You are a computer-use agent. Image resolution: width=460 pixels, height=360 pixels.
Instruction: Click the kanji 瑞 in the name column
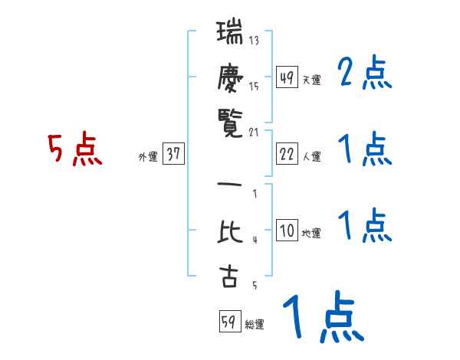(x=228, y=34)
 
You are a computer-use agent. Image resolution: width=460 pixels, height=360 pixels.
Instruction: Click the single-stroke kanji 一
(x=228, y=186)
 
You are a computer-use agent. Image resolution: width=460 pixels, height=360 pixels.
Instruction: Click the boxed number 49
(x=287, y=78)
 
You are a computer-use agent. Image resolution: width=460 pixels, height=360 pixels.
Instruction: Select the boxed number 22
(x=287, y=155)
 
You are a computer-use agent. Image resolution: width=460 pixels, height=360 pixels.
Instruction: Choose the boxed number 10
(x=287, y=231)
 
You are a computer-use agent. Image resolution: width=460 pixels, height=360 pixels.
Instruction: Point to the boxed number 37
(x=173, y=155)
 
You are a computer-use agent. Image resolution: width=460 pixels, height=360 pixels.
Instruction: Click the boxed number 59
(x=228, y=322)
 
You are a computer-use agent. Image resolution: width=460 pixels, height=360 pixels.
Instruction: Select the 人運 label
(x=312, y=157)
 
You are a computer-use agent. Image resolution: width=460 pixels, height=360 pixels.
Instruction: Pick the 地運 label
(x=312, y=234)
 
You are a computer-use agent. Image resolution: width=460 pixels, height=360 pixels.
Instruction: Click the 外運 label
(x=148, y=157)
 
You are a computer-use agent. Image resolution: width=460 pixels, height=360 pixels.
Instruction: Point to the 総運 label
(x=255, y=324)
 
